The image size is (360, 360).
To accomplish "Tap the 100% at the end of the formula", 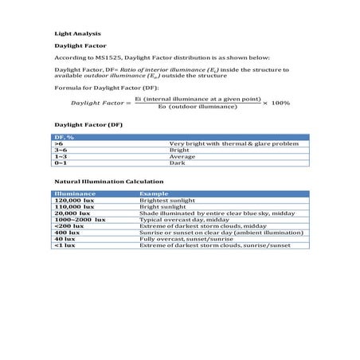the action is tap(280, 103).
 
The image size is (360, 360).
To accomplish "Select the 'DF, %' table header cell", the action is tap(65, 137).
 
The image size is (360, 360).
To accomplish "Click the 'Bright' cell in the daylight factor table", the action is tap(179, 150).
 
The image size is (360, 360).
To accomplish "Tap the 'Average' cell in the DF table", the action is tap(182, 156).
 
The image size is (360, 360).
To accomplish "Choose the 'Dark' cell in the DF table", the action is tap(177, 162).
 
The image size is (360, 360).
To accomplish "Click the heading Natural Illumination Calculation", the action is tap(100, 182).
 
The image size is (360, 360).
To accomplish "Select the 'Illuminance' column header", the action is tap(75, 194).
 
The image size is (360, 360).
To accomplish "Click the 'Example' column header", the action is tap(154, 194).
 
